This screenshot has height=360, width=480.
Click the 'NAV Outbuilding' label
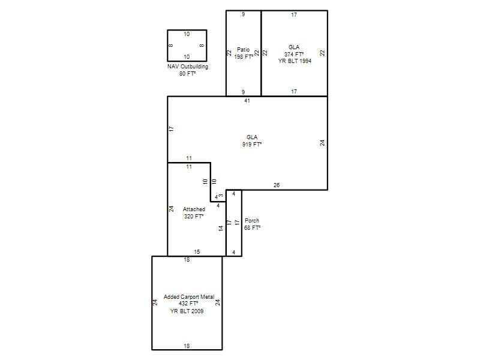188,67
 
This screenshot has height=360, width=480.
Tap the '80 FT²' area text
187,74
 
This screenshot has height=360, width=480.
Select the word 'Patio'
244,50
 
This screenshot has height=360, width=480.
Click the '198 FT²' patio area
244,56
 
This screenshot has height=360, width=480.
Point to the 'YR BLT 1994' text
295,61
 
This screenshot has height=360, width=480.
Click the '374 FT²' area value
294,54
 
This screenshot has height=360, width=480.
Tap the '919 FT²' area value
252,144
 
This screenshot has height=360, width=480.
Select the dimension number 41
247,101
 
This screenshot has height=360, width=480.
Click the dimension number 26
277,185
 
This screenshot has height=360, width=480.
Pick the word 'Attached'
194,209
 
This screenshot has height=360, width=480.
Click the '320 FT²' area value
194,217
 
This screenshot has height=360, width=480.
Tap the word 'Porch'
252,221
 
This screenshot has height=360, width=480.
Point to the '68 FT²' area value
252,228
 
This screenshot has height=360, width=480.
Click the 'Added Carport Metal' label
189,296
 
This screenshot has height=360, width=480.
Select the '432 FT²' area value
188,304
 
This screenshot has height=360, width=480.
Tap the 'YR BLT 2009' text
187,311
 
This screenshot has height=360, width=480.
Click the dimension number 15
197,251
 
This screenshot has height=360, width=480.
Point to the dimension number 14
221,228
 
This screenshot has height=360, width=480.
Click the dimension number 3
221,196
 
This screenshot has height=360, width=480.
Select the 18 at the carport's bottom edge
187,346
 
